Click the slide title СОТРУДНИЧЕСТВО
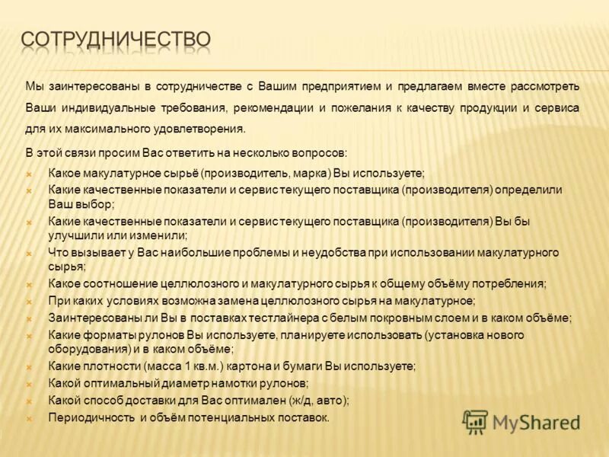(x=116, y=40)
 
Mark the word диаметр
(x=184, y=383)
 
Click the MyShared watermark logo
(x=521, y=421)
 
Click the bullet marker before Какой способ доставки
(x=28, y=401)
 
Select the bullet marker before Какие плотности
(x=28, y=366)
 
